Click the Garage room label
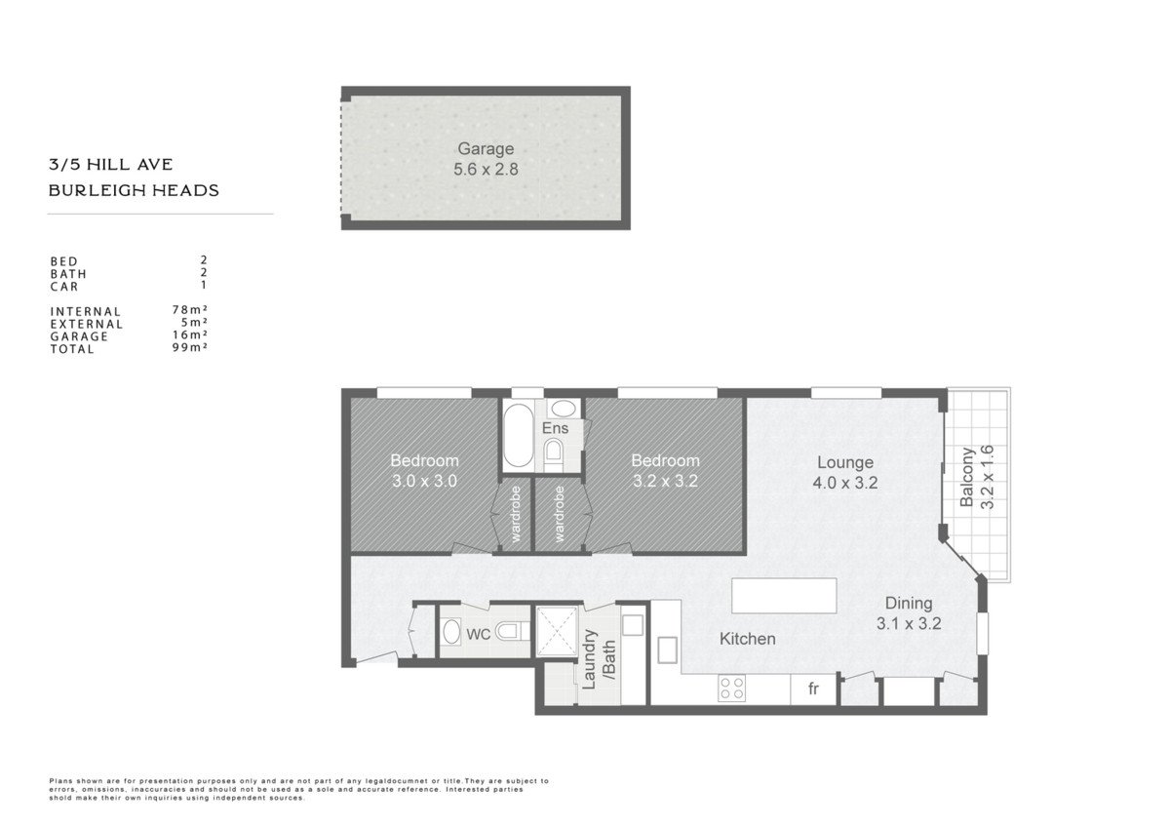point(486,149)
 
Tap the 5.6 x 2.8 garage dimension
point(486,170)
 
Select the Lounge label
point(845,462)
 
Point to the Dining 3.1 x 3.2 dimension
point(909,624)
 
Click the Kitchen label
point(748,639)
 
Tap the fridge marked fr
point(813,689)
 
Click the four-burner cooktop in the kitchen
point(732,689)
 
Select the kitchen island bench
point(784,595)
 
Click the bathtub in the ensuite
point(518,435)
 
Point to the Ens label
point(555,428)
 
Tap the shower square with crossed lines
point(558,631)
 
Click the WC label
point(478,634)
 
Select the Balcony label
point(967,477)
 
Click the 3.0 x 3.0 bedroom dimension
point(425,481)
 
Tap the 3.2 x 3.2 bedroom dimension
point(665,481)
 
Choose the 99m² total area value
point(190,347)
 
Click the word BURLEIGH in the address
point(91,191)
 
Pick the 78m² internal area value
point(190,310)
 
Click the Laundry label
point(589,659)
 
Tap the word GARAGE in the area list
point(79,337)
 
